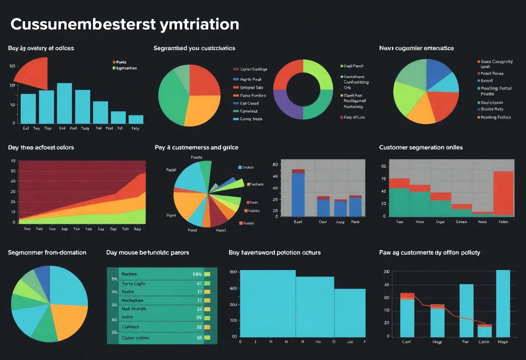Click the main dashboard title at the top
point(125,24)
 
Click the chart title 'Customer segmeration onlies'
point(420,148)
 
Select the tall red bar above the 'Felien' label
point(504,193)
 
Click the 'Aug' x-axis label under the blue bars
point(340,222)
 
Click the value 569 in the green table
point(197,274)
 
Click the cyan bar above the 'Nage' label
point(503,303)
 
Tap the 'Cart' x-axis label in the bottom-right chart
point(406,342)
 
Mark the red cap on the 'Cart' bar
point(407,296)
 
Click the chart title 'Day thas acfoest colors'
point(41,148)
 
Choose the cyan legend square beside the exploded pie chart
point(240,167)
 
